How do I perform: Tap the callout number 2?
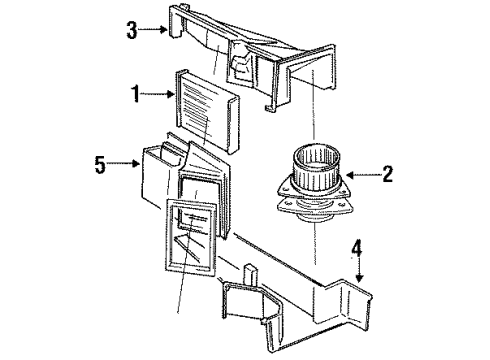pos(387,173)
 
